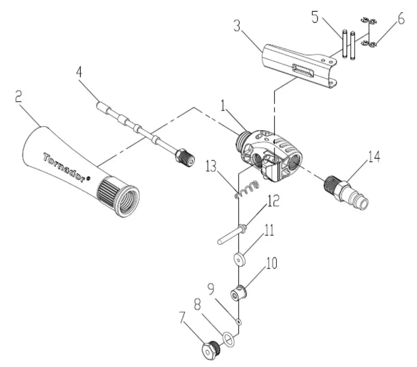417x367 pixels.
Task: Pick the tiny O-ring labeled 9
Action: pyautogui.click(x=239, y=320)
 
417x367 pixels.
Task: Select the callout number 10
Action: pyautogui.click(x=271, y=263)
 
